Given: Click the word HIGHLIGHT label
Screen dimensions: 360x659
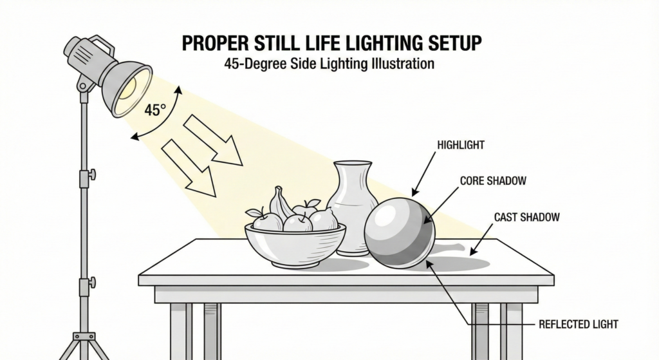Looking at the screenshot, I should [x=460, y=146].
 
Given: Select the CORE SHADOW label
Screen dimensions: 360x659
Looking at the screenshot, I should [x=493, y=182].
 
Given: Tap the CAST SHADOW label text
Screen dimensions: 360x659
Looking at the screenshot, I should [x=526, y=218].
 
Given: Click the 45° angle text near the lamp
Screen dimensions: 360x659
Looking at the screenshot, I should [x=155, y=110].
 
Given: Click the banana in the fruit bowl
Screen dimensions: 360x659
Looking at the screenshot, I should [x=281, y=203].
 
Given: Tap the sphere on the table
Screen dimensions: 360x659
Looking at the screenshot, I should [x=399, y=232].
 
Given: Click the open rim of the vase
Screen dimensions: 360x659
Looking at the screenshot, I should [x=353, y=164].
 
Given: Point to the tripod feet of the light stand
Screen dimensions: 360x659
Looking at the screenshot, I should [x=84, y=345].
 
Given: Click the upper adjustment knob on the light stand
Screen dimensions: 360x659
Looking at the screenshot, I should [x=92, y=175].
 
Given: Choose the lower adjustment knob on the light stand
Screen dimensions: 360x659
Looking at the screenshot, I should [x=92, y=281].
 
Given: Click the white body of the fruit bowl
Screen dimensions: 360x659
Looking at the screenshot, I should [x=295, y=247].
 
